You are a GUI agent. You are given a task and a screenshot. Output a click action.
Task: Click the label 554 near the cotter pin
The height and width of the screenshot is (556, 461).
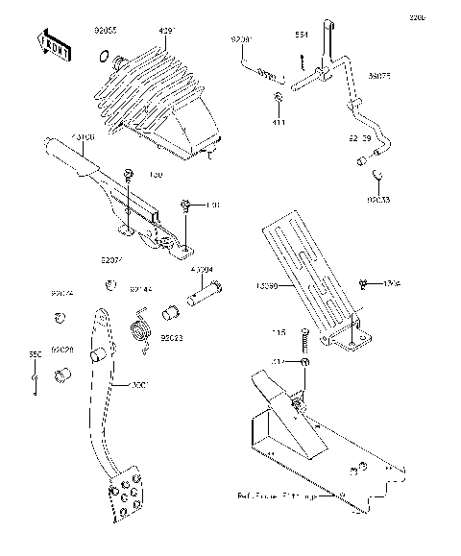tap(301, 36)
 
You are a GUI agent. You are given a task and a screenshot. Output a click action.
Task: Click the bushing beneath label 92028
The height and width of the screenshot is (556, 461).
tap(63, 374)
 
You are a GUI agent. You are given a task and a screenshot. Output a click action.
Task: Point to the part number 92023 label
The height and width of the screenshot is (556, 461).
tap(173, 337)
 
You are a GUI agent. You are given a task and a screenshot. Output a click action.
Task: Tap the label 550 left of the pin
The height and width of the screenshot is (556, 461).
tap(35, 355)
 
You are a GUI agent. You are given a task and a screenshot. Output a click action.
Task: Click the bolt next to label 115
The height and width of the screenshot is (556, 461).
tap(303, 338)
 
